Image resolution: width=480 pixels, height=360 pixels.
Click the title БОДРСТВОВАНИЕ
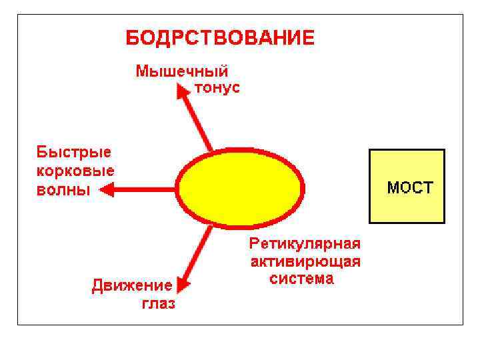coord(220,37)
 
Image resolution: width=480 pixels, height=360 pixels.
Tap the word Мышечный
coord(182,71)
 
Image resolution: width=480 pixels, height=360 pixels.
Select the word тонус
coord(217,88)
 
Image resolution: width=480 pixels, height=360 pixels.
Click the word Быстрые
coord(73,152)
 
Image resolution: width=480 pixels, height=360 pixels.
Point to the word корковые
coord(75,171)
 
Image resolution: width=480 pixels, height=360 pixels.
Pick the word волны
coord(63,189)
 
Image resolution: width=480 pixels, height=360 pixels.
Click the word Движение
coord(132,286)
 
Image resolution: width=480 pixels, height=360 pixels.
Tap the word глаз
coord(158,304)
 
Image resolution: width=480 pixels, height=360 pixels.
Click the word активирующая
coord(305,261)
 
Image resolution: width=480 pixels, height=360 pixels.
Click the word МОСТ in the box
coord(410,187)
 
